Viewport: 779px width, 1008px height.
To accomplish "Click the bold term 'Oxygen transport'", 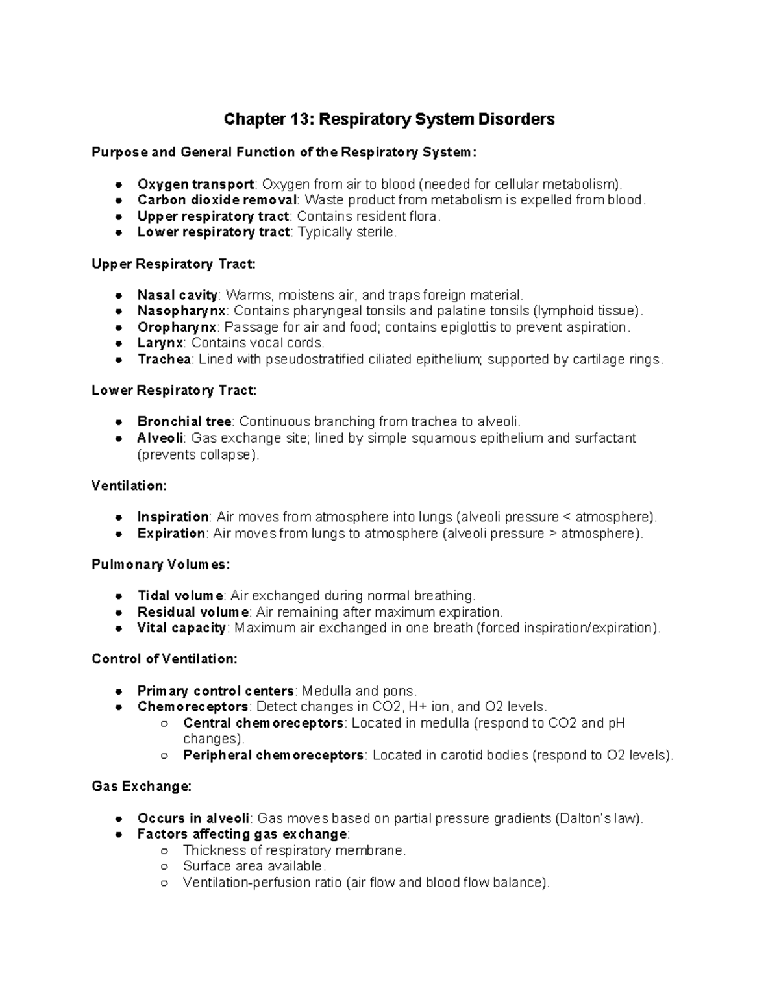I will pyautogui.click(x=195, y=184).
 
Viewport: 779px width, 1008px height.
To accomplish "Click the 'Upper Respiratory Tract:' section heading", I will pyautogui.click(x=174, y=264).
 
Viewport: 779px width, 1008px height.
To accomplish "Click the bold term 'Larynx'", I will pyautogui.click(x=160, y=343).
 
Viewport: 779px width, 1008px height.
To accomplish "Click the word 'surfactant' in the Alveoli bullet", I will pyautogui.click(x=605, y=438).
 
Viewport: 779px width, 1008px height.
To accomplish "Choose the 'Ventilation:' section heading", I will pyautogui.click(x=129, y=486).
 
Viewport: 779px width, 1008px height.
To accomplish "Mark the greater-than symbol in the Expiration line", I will pyautogui.click(x=553, y=534).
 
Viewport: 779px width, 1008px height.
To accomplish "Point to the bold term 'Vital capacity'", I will pyautogui.click(x=181, y=628).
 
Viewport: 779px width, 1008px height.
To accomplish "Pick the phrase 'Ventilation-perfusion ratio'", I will pyautogui.click(x=262, y=883).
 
